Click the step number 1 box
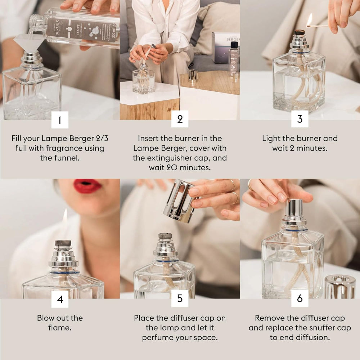[60, 120]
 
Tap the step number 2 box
[180, 120]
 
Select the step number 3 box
[300, 119]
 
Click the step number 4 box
[60, 299]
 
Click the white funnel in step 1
[29, 42]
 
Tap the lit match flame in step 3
[309, 20]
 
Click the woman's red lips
[87, 186]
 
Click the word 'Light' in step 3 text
[271, 138]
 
